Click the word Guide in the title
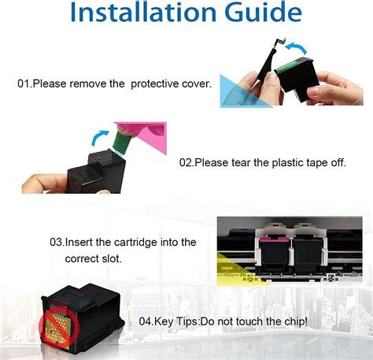[260, 15]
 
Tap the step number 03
[57, 242]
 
